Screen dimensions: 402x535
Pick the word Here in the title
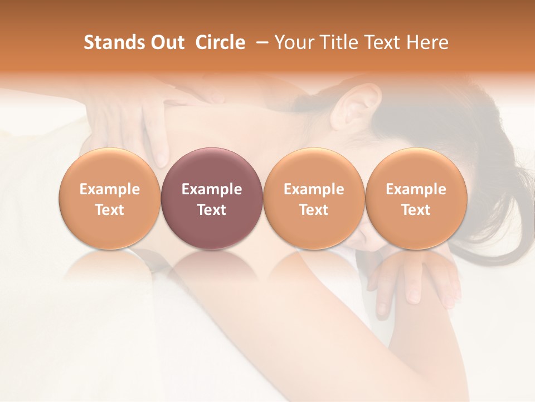[x=427, y=42]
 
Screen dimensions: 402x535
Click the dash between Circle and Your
[x=261, y=42]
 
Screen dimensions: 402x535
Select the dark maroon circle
[x=212, y=199]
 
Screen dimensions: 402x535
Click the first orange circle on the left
[x=110, y=199]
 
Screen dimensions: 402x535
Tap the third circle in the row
[x=314, y=199]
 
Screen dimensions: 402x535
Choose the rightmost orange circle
[x=416, y=199]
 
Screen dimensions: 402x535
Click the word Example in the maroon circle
[x=212, y=189]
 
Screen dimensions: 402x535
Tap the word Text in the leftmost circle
[x=110, y=210]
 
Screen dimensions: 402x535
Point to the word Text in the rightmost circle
[x=416, y=210]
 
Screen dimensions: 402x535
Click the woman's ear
[x=354, y=106]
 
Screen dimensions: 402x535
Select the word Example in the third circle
[x=314, y=189]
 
